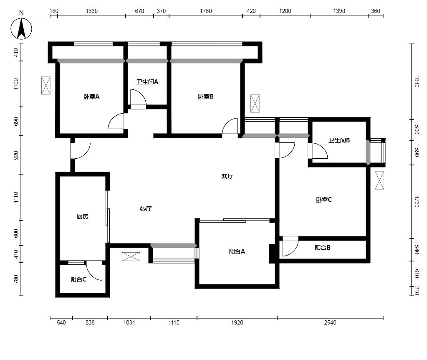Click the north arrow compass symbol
[21, 29]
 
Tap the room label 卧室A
[91, 96]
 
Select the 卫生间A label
[147, 82]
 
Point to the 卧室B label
[206, 96]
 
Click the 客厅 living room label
[227, 176]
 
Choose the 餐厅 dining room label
[146, 209]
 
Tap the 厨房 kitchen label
[83, 216]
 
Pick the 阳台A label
[237, 251]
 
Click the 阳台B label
[323, 248]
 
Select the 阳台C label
[78, 279]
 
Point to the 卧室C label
[324, 200]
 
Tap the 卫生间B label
[339, 140]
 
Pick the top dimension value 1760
[206, 11]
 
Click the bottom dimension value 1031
[129, 323]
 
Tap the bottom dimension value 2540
[330, 323]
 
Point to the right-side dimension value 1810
[417, 81]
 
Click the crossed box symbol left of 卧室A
[46, 86]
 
